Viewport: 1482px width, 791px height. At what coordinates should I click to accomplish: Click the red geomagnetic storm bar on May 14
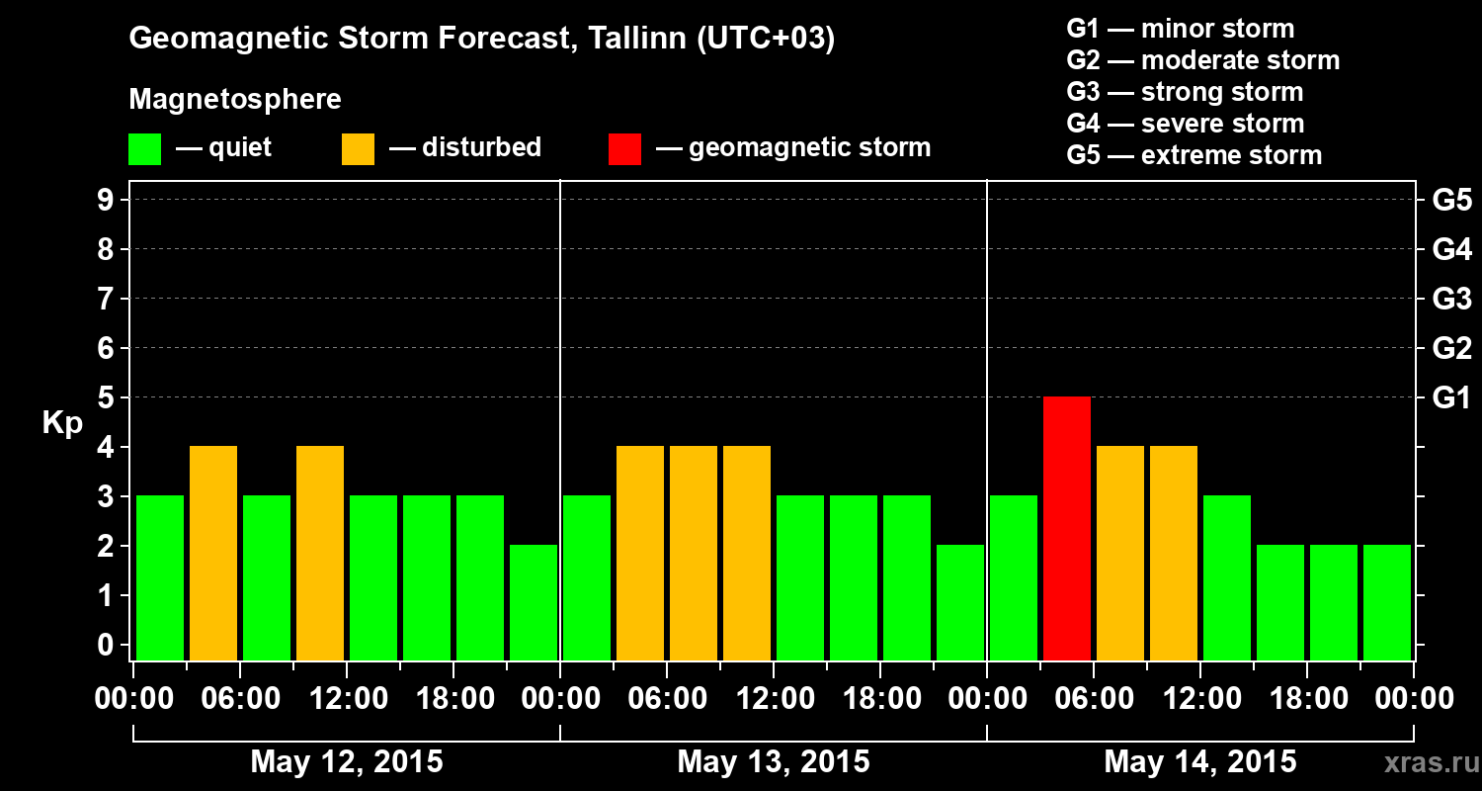point(1067,528)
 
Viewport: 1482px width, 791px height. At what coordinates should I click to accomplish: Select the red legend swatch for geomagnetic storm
point(624,148)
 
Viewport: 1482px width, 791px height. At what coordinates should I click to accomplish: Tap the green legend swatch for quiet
point(144,148)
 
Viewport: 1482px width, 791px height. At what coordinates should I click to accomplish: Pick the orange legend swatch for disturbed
point(358,148)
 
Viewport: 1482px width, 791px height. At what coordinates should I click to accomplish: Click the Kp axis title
point(62,423)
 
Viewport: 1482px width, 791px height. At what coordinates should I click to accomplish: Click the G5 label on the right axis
point(1451,201)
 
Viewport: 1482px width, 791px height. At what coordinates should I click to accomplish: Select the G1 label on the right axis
point(1451,398)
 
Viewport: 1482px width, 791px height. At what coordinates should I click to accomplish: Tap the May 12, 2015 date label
point(347,762)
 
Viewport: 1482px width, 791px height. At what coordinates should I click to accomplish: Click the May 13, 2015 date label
point(774,762)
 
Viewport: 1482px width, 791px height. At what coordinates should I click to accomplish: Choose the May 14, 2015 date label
point(1199,762)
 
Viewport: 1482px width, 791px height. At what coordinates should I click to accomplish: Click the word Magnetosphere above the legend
point(235,100)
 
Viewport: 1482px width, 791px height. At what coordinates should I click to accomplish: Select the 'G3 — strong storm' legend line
point(1185,92)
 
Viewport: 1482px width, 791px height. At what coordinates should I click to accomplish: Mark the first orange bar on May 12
point(213,553)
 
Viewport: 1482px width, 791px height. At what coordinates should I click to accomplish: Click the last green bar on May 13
point(960,602)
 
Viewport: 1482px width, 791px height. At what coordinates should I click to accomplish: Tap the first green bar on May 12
point(160,577)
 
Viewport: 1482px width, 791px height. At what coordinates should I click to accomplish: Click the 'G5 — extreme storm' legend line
point(1194,155)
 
